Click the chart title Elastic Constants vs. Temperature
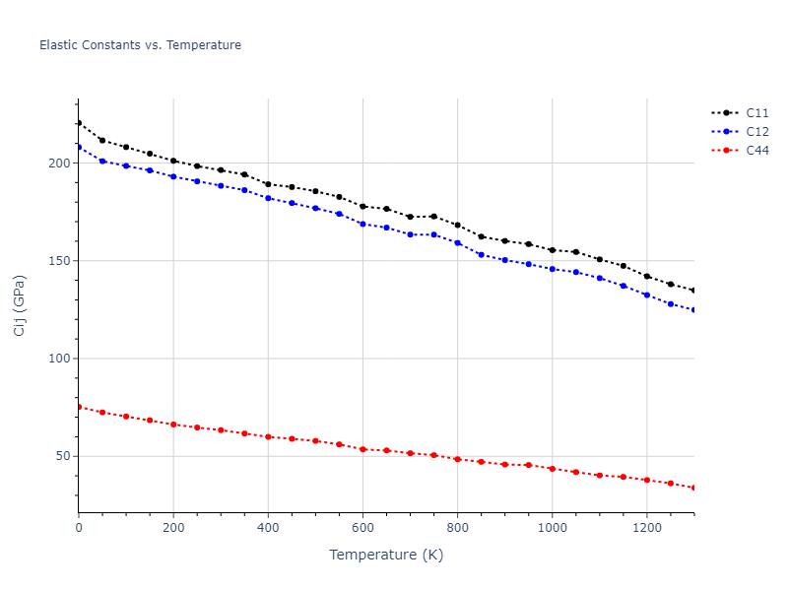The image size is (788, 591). tap(140, 45)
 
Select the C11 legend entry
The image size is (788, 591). tap(756, 113)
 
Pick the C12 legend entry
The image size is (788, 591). tap(756, 132)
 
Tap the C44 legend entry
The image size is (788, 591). tap(756, 151)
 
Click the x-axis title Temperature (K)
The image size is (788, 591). tap(386, 555)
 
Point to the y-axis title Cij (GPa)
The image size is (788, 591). tap(20, 305)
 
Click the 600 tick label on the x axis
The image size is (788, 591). tap(362, 528)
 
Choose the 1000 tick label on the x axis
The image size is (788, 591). tap(552, 528)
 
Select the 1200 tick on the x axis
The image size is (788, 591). tap(646, 528)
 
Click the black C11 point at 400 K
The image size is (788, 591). tap(268, 184)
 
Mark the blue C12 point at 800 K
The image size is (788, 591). tap(457, 242)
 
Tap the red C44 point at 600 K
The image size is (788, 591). tap(362, 449)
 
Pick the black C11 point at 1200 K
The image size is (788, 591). tap(646, 276)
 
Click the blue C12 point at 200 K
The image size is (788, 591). tap(173, 176)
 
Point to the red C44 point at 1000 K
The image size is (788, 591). tap(552, 469)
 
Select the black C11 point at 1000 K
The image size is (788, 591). tap(552, 250)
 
